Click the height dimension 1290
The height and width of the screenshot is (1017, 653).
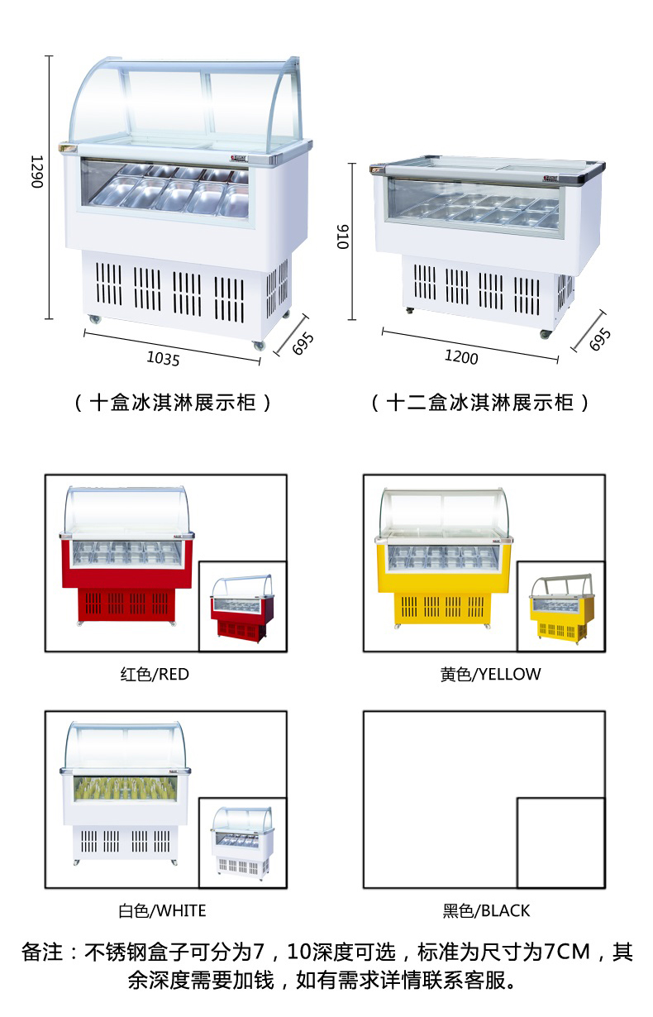tap(36, 171)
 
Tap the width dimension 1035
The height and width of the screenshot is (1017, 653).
tap(163, 357)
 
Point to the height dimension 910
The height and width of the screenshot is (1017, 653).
tap(343, 235)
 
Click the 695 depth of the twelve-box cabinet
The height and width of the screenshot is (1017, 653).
tap(601, 339)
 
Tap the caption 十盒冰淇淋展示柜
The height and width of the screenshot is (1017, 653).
tap(173, 403)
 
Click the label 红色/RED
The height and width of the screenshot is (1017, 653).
tap(155, 675)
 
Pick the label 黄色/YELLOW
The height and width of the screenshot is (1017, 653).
tap(490, 675)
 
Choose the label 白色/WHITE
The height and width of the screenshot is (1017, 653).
tap(162, 911)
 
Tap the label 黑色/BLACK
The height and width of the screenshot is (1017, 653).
tap(486, 911)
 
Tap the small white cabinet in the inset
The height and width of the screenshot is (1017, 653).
tap(241, 843)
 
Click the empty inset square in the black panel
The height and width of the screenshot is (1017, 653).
tap(560, 843)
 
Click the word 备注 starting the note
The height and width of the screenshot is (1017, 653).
tap(42, 952)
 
